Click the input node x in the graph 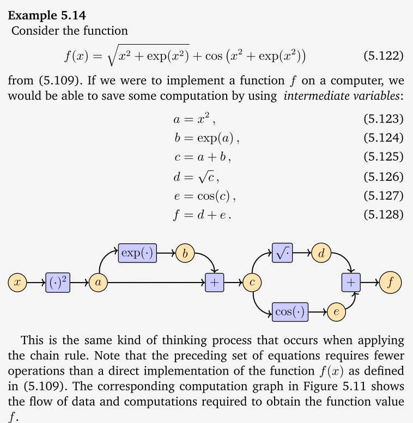click(x=17, y=283)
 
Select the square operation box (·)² click(x=58, y=283)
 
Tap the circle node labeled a click(x=98, y=283)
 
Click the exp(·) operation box click(x=137, y=253)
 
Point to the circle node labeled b click(x=185, y=253)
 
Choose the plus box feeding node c click(x=215, y=283)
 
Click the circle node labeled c click(x=252, y=283)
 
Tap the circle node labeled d click(x=321, y=253)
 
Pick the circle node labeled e click(x=337, y=312)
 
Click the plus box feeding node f click(x=351, y=283)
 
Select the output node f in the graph click(x=390, y=283)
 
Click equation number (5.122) click(x=382, y=56)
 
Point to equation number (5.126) click(x=382, y=176)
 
